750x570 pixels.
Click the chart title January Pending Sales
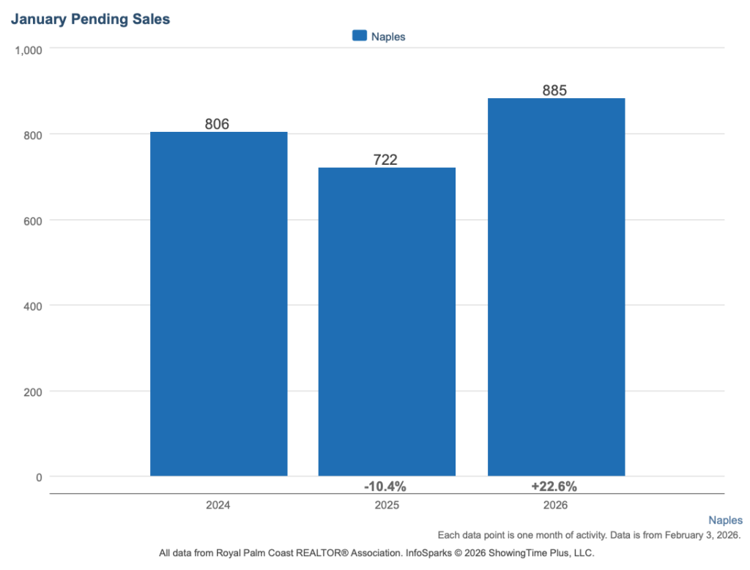tap(90, 20)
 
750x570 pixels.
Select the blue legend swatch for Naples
tap(359, 36)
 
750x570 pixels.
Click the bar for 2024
tap(218, 304)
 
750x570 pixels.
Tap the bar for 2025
tap(386, 322)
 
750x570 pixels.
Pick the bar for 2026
tap(556, 287)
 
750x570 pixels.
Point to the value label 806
tap(217, 124)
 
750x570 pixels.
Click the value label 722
tap(385, 160)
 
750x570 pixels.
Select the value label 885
tap(554, 90)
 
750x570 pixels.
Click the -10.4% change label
tap(385, 486)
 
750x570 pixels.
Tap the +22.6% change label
tap(554, 486)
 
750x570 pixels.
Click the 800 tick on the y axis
tap(33, 135)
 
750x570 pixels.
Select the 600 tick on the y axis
tap(33, 221)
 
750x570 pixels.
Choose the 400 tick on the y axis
tap(33, 306)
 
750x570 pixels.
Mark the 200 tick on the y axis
tap(33, 391)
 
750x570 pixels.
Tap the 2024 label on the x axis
tap(218, 506)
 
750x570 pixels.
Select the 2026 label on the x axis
tap(556, 506)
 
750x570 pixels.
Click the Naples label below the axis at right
tap(725, 520)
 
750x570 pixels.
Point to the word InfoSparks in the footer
tap(428, 553)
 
